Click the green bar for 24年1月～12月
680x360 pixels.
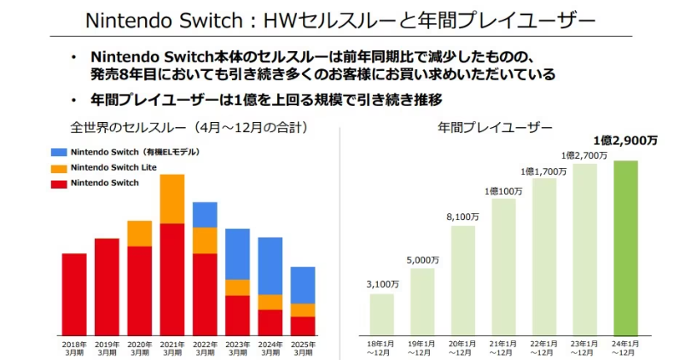point(625,247)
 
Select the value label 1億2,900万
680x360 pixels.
point(625,140)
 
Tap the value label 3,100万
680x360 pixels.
point(382,283)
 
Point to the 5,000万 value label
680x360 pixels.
point(422,259)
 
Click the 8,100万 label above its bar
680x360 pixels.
point(463,217)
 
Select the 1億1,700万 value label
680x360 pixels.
point(544,171)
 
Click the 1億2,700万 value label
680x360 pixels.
point(584,155)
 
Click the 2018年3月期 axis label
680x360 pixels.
point(74,348)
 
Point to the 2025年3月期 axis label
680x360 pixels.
point(303,348)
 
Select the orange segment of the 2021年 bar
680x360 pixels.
point(172,199)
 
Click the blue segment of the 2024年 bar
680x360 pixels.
point(270,265)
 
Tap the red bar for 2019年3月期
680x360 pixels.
point(107,286)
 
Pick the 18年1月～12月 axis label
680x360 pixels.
point(382,348)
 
